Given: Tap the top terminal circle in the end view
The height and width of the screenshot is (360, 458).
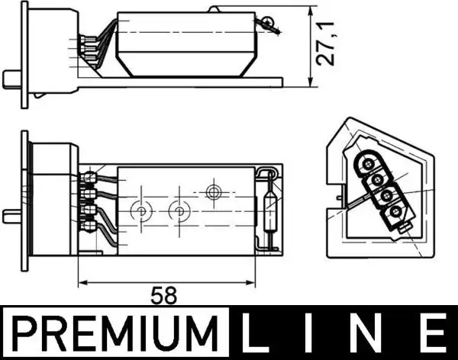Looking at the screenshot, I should click(368, 162).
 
